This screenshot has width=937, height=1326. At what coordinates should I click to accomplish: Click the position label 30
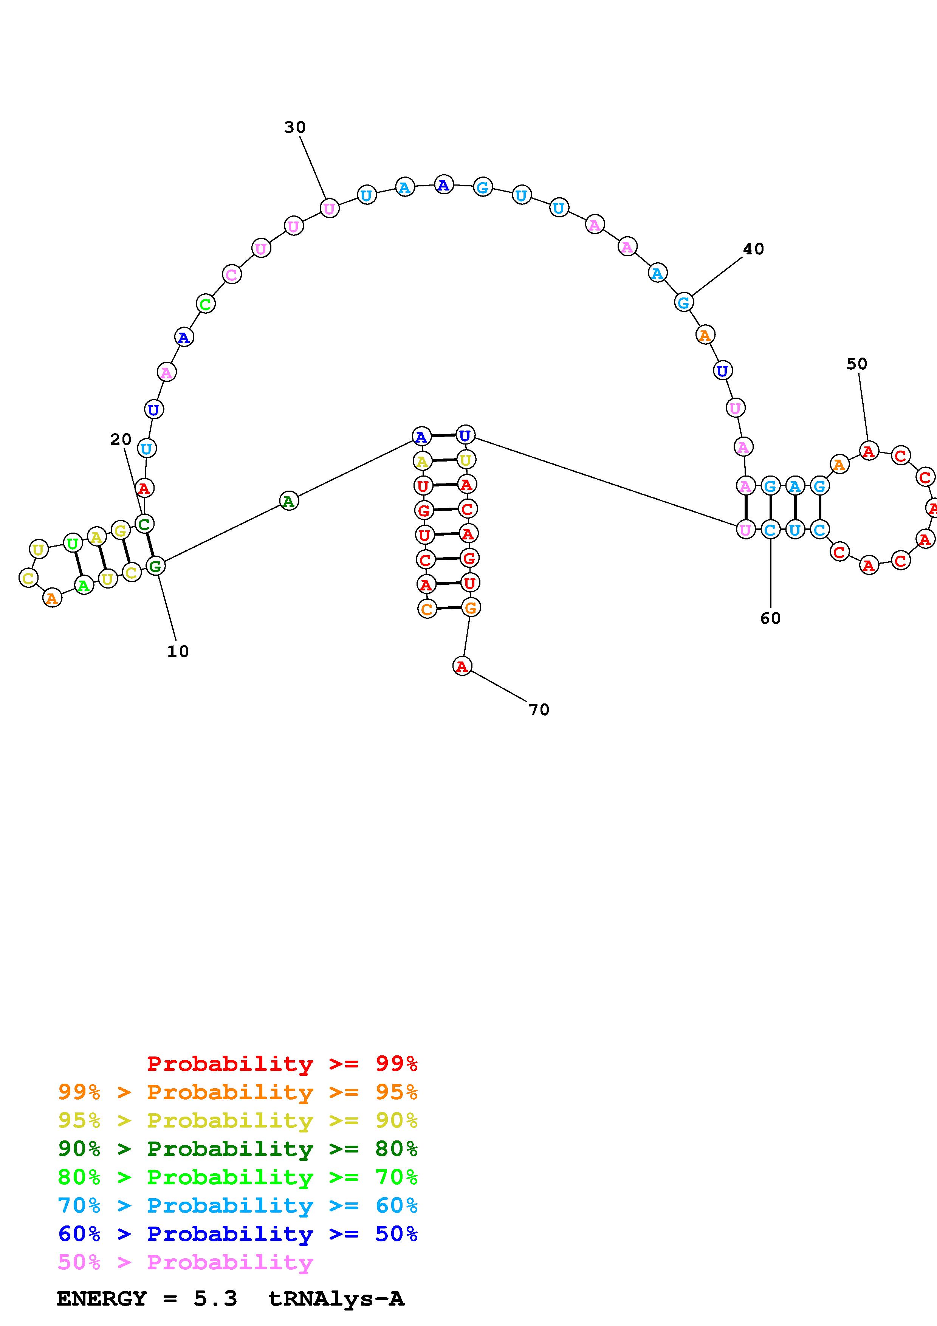pyautogui.click(x=294, y=127)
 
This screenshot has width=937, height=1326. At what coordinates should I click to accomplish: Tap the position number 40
pyautogui.click(x=753, y=249)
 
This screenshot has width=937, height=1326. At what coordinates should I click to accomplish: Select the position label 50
pyautogui.click(x=857, y=364)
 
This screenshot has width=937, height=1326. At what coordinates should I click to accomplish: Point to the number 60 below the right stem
pyautogui.click(x=770, y=618)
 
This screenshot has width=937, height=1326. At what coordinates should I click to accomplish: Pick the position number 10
pyautogui.click(x=178, y=651)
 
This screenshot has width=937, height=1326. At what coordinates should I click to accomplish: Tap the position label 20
pyautogui.click(x=121, y=440)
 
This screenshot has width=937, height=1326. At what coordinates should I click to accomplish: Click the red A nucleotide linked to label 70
pyautogui.click(x=462, y=666)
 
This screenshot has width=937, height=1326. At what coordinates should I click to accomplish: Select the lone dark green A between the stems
pyautogui.click(x=289, y=501)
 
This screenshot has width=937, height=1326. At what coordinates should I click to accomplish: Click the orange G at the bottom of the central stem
pyautogui.click(x=471, y=607)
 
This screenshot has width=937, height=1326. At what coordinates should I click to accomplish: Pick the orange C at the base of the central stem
pyautogui.click(x=427, y=609)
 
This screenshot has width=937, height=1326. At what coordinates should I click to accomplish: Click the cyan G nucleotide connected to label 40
pyautogui.click(x=683, y=302)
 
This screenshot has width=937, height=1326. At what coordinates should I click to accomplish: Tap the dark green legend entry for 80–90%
pyautogui.click(x=238, y=1149)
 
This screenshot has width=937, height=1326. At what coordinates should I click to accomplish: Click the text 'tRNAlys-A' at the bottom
pyautogui.click(x=336, y=1298)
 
